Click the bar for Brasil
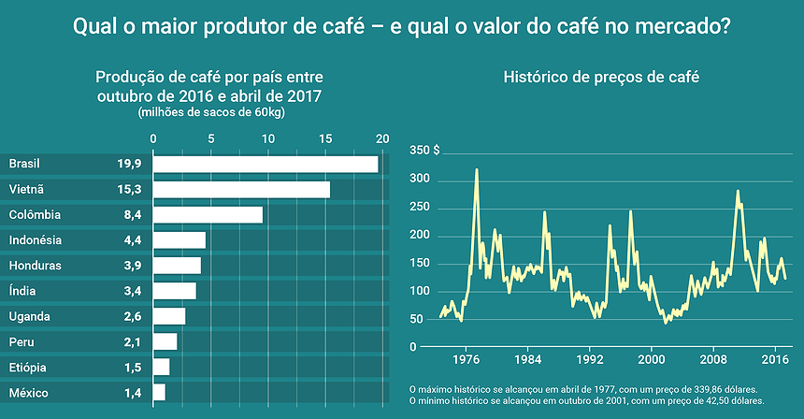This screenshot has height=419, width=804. (x=266, y=165)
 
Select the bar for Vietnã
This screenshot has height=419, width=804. (x=241, y=190)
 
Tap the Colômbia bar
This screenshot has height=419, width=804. (x=208, y=215)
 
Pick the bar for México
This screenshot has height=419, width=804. (x=159, y=393)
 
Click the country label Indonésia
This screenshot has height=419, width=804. (x=36, y=240)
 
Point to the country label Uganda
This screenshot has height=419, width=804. (x=30, y=316)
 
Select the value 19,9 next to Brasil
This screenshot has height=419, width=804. (x=129, y=165)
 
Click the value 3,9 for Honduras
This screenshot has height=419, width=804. (x=132, y=266)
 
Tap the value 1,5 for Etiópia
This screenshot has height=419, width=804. (x=132, y=368)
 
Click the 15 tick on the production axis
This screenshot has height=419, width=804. (x=325, y=139)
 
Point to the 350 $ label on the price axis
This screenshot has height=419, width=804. (x=424, y=151)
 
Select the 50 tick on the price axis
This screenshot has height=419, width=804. (x=418, y=320)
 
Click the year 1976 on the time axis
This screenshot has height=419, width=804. (x=467, y=359)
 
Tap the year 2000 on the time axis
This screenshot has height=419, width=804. (x=652, y=359)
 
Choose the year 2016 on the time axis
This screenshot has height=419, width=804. (x=775, y=359)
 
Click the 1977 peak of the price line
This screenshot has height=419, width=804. (x=477, y=170)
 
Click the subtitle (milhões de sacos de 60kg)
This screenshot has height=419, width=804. (x=211, y=112)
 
